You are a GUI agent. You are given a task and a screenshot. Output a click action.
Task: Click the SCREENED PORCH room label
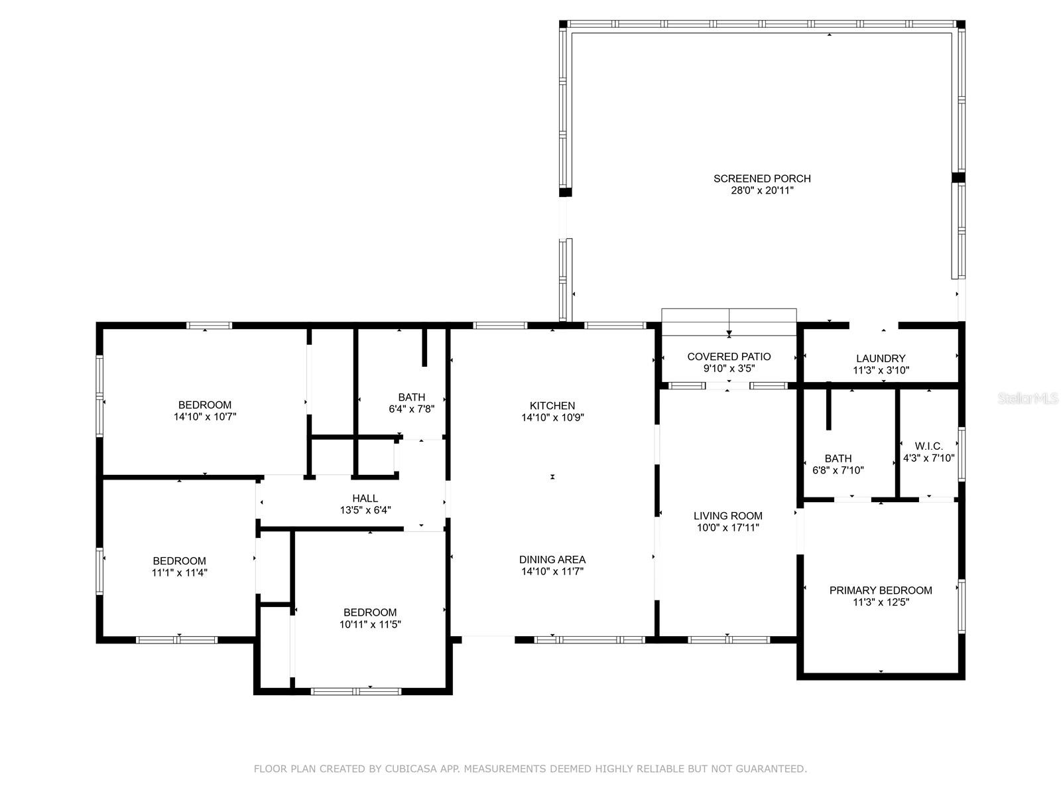click(x=762, y=178)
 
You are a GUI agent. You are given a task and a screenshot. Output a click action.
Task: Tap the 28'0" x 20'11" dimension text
click(x=763, y=190)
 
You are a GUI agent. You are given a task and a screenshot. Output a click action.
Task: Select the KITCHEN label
click(x=552, y=405)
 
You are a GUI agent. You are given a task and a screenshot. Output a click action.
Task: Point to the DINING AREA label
click(x=552, y=559)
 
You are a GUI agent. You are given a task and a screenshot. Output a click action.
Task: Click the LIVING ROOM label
click(x=728, y=515)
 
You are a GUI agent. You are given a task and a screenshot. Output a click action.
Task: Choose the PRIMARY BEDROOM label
click(x=881, y=590)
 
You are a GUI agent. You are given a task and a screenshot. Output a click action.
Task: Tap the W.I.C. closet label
click(x=928, y=446)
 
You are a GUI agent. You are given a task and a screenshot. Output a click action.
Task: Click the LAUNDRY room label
click(x=881, y=358)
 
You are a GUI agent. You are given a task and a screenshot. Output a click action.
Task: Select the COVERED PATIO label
click(x=729, y=356)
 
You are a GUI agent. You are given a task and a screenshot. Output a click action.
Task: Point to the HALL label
click(x=365, y=497)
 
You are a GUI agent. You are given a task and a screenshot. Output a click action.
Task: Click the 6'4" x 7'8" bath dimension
click(x=411, y=409)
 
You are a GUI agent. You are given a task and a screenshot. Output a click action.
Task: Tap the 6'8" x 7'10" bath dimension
click(x=838, y=470)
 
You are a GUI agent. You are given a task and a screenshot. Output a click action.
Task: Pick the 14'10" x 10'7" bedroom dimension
click(x=205, y=417)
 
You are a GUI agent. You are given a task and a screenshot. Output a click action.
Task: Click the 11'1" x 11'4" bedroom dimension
click(x=179, y=572)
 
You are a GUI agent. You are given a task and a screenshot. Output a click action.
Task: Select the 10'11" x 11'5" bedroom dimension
click(x=370, y=624)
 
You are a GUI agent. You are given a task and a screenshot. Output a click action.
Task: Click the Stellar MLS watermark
click(x=1027, y=399)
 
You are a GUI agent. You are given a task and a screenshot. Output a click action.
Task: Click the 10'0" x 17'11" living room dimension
click(x=728, y=528)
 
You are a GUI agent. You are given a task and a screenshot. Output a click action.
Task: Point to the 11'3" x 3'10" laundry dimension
click(x=881, y=370)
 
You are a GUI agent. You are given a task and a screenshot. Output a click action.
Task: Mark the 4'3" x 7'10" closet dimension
click(x=928, y=458)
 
